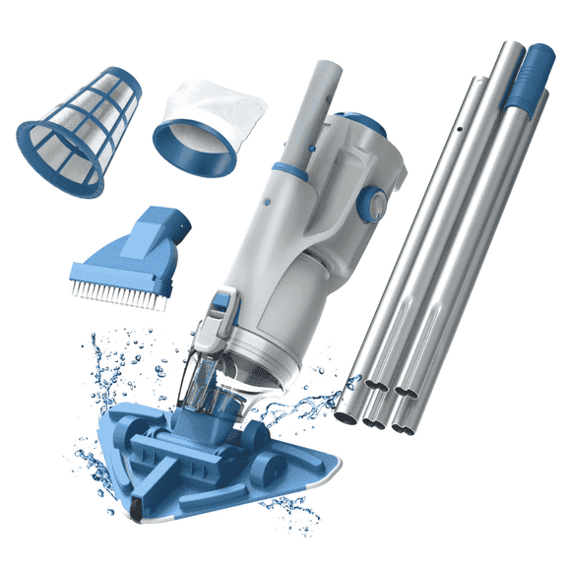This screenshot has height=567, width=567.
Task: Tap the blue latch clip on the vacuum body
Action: pyautogui.click(x=223, y=305)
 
